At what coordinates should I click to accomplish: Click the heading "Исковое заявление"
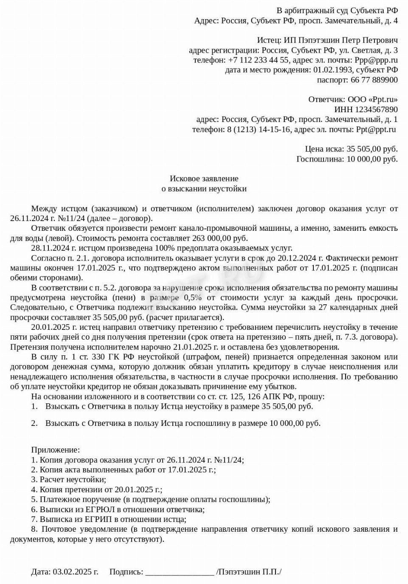click(204, 179)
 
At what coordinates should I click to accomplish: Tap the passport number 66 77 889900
click(374, 79)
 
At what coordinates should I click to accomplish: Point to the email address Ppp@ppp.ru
click(376, 60)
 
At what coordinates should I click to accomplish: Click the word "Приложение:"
click(55, 450)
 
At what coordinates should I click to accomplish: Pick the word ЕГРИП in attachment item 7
click(99, 519)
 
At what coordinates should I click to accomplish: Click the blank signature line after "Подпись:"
click(180, 572)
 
